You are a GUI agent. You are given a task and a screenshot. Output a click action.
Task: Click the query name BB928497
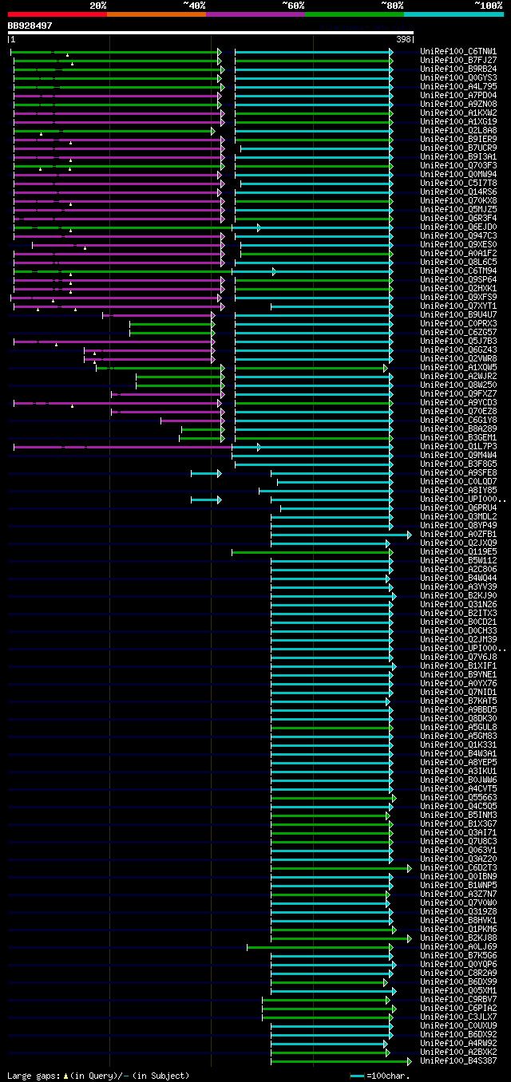[x=30, y=26]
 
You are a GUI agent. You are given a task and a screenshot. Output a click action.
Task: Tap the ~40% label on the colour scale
[x=194, y=6]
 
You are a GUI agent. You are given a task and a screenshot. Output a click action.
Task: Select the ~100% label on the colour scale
[x=488, y=6]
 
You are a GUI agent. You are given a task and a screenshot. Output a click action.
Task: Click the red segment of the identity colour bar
[x=57, y=14]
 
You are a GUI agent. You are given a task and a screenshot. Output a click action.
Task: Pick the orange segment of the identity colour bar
[x=156, y=14]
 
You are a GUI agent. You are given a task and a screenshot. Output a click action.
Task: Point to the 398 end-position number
[x=403, y=39]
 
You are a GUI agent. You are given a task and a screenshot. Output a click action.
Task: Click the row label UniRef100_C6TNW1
[x=458, y=52]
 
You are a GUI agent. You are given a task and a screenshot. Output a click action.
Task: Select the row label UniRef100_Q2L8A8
[x=458, y=131]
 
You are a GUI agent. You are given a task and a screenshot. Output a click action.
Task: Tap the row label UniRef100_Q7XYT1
[x=458, y=306]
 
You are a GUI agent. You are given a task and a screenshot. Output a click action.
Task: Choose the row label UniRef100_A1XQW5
[x=458, y=368]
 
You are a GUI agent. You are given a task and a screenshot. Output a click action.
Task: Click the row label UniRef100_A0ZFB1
[x=458, y=535]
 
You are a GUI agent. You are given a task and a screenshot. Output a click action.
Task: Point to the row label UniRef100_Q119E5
[x=458, y=552]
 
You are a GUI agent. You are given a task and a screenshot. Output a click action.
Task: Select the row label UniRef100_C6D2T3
[x=458, y=868]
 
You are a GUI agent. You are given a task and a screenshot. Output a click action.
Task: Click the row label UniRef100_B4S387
[x=458, y=1061]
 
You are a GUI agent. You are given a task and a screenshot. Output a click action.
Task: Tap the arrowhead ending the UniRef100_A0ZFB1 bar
[x=410, y=535]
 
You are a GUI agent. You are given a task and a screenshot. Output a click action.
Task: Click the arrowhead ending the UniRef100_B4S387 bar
[x=410, y=1061]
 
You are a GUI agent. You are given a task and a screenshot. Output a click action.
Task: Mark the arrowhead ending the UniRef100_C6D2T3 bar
[x=410, y=868]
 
